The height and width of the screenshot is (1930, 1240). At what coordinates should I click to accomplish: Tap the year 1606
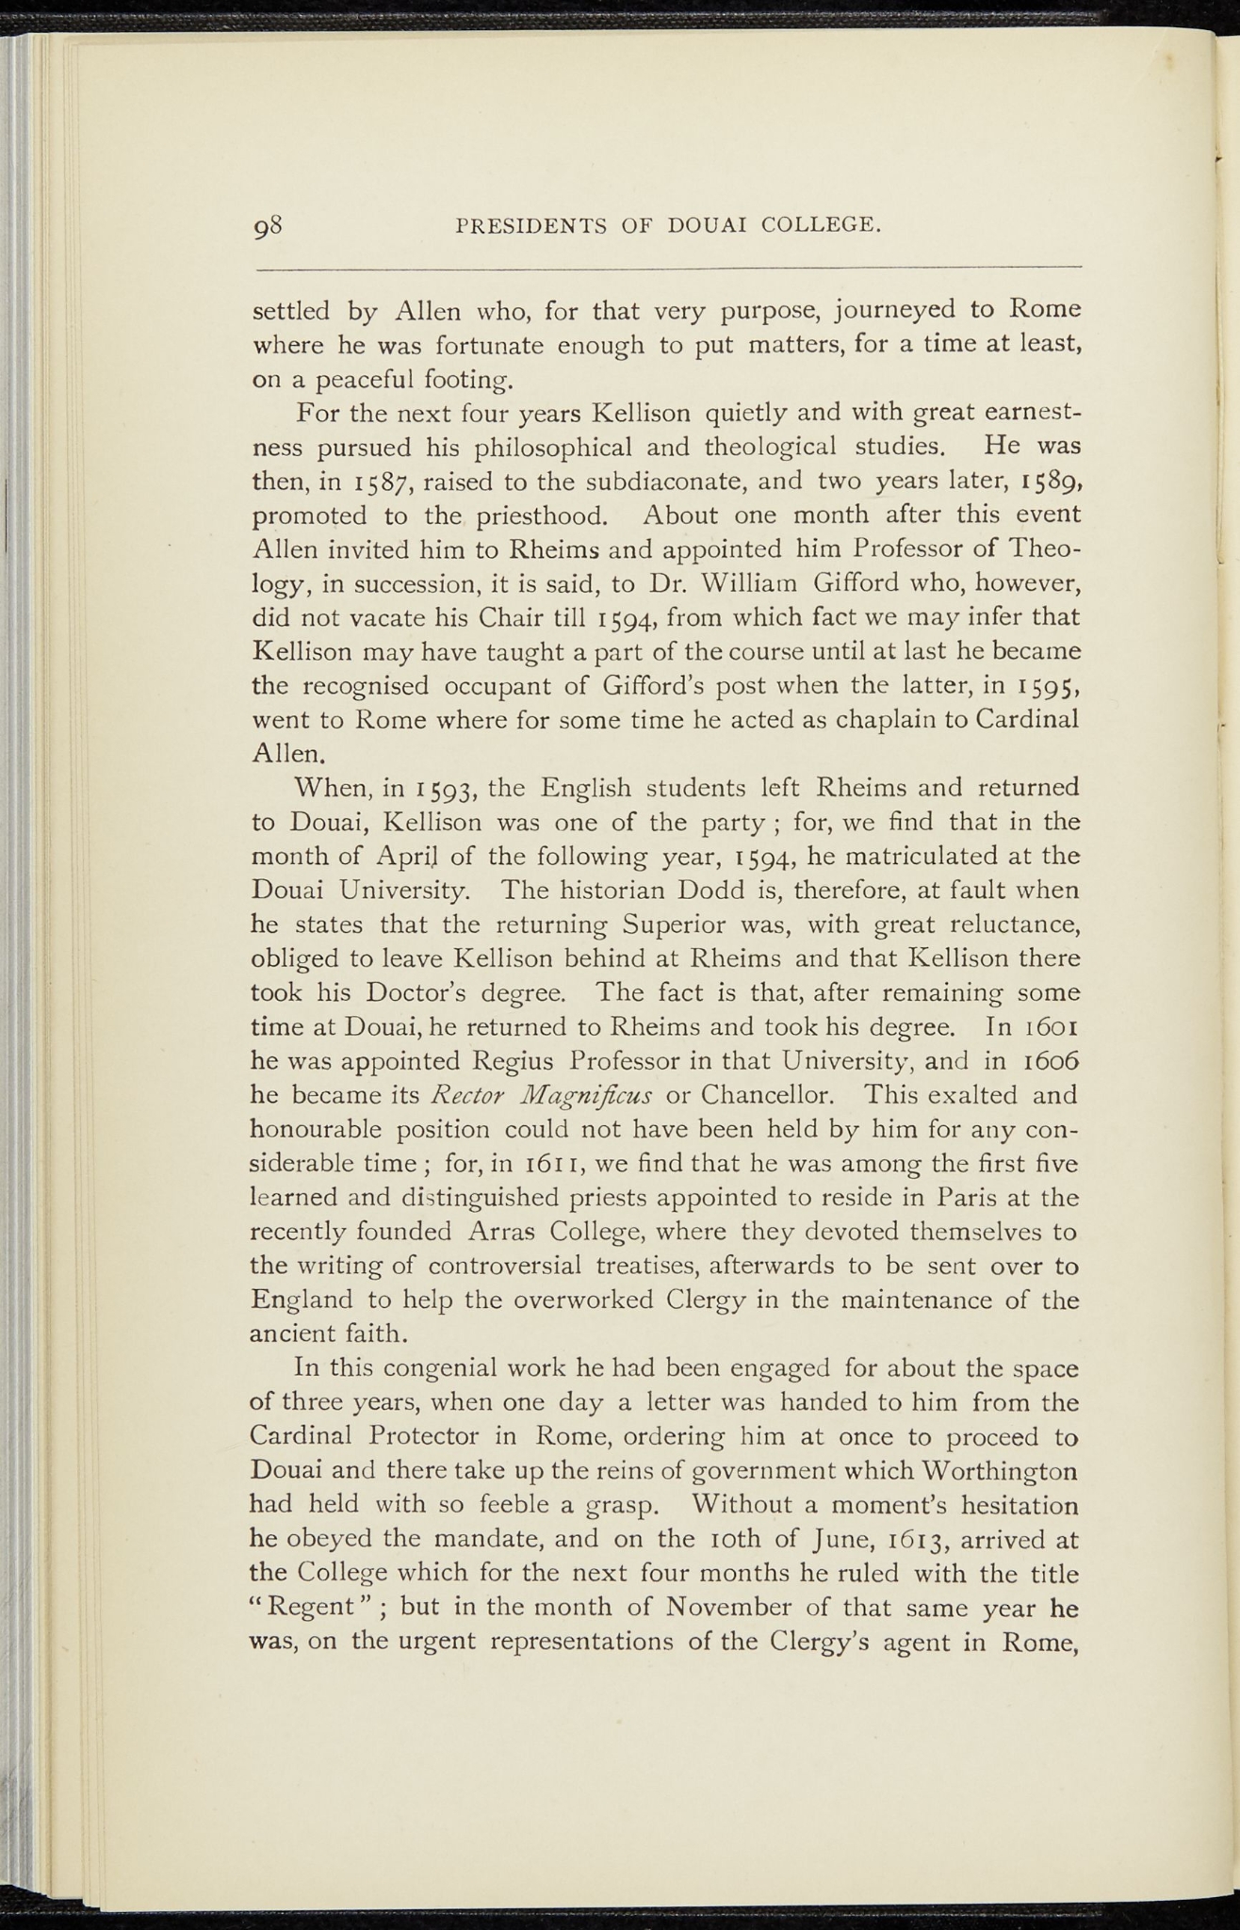1040,1062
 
